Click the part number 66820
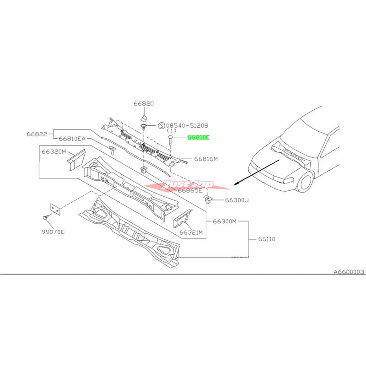click(143, 104)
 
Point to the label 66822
click(36, 134)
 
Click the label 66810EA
click(72, 138)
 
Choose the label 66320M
click(54, 151)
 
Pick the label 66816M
click(206, 159)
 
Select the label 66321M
click(191, 232)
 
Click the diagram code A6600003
click(349, 272)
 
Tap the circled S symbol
click(161, 125)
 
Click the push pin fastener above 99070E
click(46, 216)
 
